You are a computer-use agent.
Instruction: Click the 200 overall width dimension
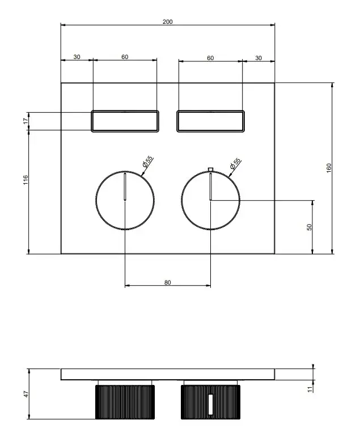coord(168,22)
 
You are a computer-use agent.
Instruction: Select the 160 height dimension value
coord(329,168)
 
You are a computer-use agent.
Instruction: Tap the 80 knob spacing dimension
coord(168,282)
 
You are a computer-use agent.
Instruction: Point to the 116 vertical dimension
coord(26,180)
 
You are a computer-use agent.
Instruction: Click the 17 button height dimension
coord(26,121)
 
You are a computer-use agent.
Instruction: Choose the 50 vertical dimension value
coord(309,227)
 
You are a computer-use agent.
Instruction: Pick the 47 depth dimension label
coord(26,394)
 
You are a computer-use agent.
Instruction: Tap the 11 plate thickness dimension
coord(310,389)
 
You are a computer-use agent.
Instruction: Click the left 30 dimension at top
coord(77,57)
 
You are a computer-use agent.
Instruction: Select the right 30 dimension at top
coord(259,58)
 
